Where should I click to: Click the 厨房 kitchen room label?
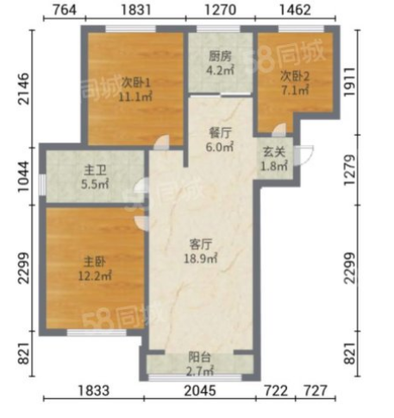coord(220,56)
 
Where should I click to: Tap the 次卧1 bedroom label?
coord(136,83)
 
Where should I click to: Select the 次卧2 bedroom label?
coord(295,77)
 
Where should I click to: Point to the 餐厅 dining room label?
coord(220,133)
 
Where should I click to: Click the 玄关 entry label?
coord(274,152)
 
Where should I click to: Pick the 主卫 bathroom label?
coord(95,170)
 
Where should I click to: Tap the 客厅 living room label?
coord(201,244)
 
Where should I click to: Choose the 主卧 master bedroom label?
coord(95,262)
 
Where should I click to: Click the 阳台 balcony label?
coord(200,358)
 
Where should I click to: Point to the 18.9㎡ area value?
coord(201,258)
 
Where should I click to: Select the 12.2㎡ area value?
coord(95,275)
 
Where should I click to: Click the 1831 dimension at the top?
coord(135,9)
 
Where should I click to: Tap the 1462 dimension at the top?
coord(295,9)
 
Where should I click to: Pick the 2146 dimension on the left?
coord(23,88)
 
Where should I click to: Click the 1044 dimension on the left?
coord(23,176)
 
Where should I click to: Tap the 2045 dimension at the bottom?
coord(200,390)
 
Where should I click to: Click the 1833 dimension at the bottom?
coord(94,390)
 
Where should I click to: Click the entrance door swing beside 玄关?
coord(305,155)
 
